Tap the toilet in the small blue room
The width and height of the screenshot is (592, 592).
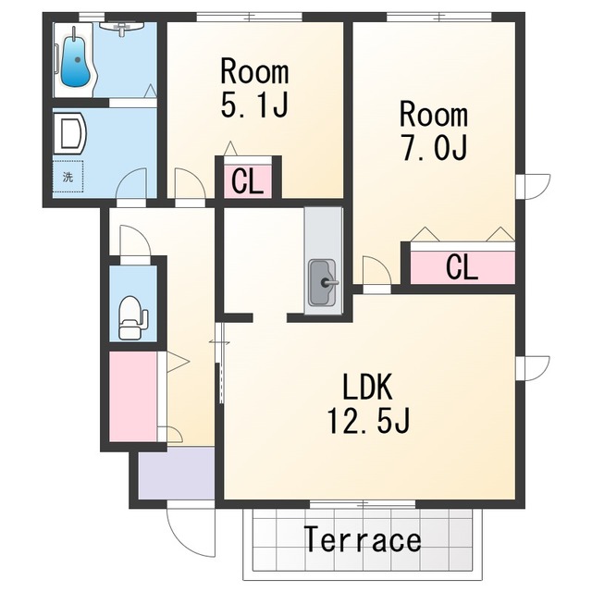131,317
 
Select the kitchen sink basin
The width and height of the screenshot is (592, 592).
322,282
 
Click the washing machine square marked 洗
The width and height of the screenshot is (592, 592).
68,177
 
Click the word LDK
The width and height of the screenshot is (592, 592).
367,387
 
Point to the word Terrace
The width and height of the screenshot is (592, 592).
363,539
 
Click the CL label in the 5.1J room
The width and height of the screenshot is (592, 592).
247,181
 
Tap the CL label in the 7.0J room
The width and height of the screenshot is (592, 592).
462,267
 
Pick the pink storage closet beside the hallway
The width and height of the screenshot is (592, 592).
133,396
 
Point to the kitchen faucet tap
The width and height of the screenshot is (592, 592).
329,282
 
